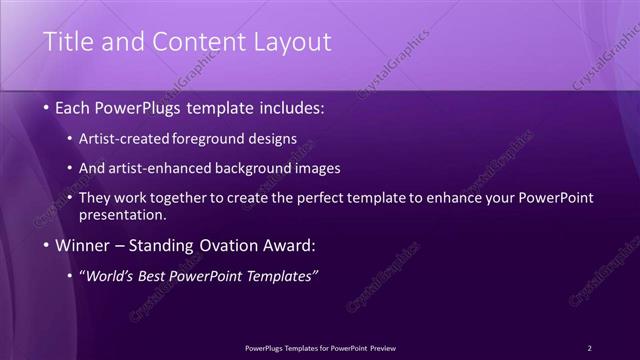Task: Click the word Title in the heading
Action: pos(69,42)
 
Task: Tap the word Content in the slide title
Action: pos(190,42)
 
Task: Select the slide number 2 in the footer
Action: pos(589,348)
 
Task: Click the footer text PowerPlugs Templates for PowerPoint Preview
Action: pos(320,348)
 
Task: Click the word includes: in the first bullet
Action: pos(289,106)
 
